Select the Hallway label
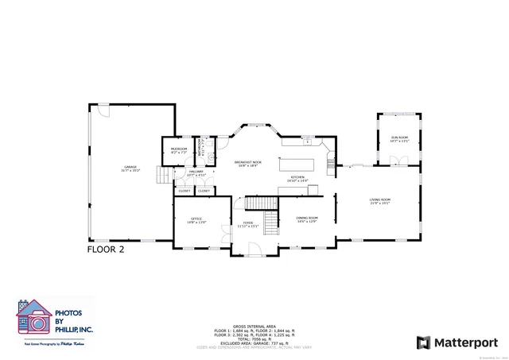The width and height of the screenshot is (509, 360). (195, 172)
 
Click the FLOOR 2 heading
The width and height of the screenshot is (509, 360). (106, 249)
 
